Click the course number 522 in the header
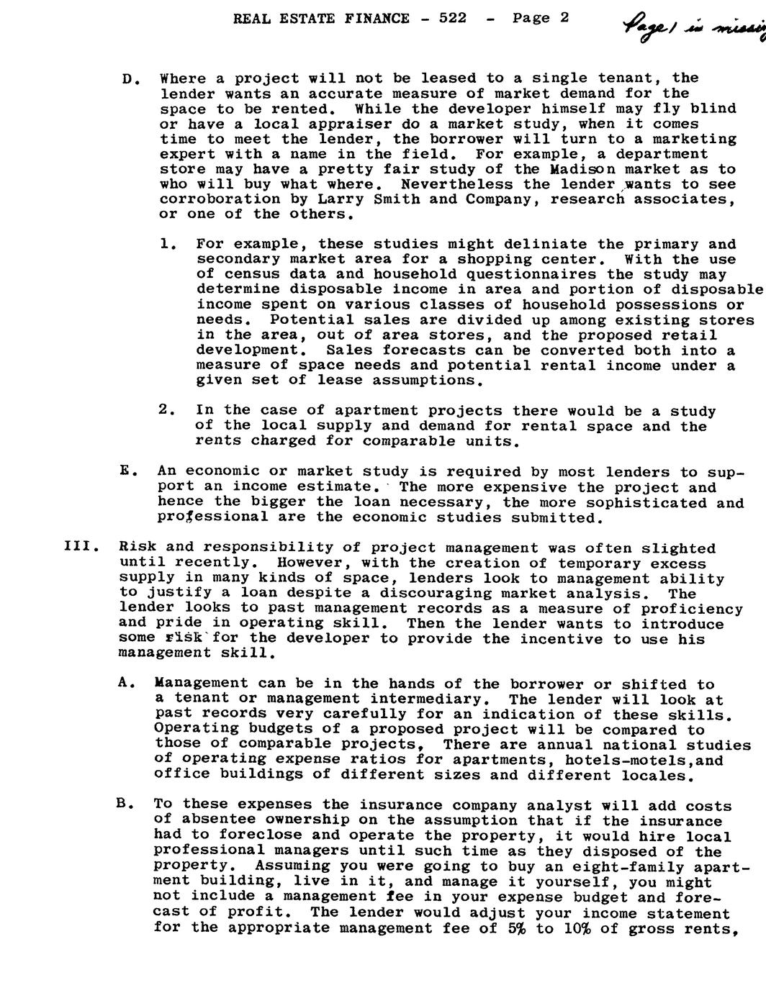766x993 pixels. coord(451,19)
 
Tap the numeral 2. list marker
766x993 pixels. coord(166,410)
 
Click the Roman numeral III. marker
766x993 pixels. coord(77,548)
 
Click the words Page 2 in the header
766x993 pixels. coord(541,18)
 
